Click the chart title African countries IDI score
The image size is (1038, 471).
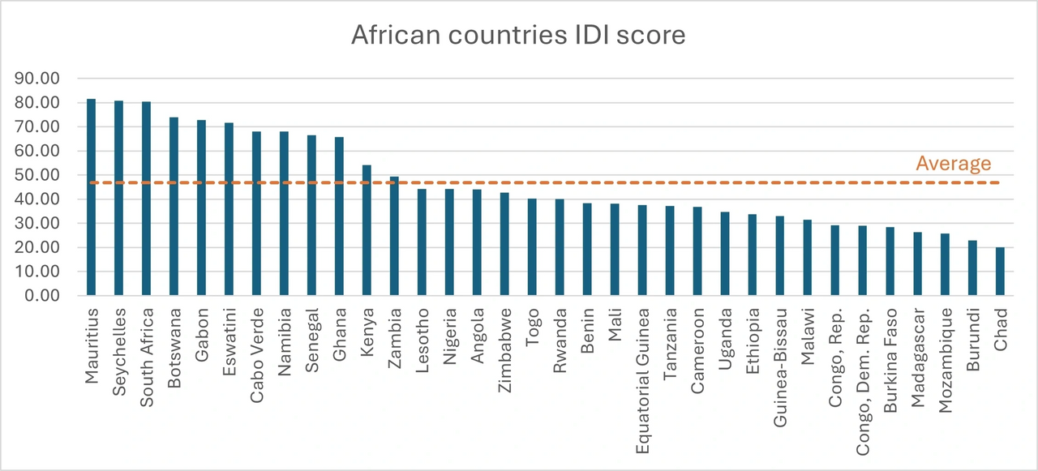(518, 35)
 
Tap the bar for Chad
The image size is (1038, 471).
(999, 272)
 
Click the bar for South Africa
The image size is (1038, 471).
(146, 199)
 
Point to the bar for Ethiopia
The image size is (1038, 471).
(752, 255)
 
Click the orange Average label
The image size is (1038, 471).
(953, 164)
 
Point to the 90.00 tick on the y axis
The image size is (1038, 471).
(39, 79)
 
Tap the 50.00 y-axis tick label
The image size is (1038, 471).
(39, 175)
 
